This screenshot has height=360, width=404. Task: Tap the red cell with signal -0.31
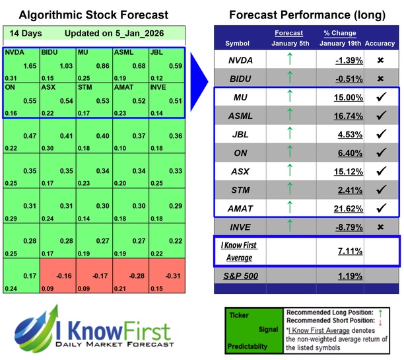click(166, 275)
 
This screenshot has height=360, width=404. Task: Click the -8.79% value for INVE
click(349, 228)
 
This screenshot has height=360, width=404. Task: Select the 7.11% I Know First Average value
click(349, 251)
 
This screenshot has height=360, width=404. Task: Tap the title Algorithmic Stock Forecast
click(93, 15)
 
